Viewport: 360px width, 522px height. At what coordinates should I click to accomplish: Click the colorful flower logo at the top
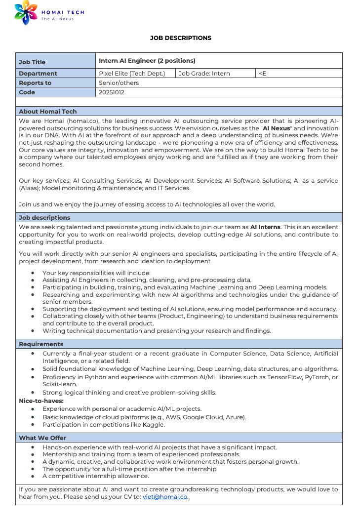click(x=26, y=13)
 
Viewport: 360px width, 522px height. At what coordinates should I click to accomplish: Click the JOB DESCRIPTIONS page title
click(x=180, y=38)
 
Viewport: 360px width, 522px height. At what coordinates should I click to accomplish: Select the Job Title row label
click(x=32, y=62)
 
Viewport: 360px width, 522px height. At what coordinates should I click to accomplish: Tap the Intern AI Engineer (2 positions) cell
click(x=147, y=61)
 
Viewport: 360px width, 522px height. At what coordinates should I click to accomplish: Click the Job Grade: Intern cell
click(x=204, y=74)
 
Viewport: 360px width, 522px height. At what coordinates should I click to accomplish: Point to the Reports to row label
click(x=35, y=83)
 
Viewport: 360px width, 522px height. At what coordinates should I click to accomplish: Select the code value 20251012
click(x=112, y=92)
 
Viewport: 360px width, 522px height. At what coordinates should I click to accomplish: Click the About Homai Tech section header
click(x=48, y=112)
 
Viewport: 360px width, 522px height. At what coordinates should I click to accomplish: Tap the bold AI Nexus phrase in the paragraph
click(x=277, y=128)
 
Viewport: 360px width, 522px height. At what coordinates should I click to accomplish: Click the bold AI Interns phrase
click(x=265, y=227)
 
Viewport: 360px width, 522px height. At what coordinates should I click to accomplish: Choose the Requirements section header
click(x=41, y=344)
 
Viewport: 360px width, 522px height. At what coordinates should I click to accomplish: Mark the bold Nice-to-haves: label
click(x=41, y=401)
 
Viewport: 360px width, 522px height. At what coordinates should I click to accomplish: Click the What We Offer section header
click(x=42, y=438)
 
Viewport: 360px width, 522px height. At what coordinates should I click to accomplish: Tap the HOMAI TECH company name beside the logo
click(x=63, y=12)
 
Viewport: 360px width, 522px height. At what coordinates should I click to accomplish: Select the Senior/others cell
click(x=119, y=83)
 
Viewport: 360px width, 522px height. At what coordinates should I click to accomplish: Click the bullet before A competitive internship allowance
click(x=33, y=476)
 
